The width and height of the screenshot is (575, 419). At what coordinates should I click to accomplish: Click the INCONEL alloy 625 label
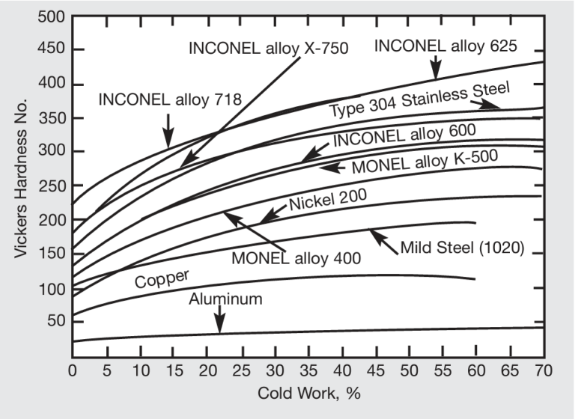click(445, 46)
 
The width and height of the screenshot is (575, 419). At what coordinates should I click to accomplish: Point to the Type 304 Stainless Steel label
click(419, 100)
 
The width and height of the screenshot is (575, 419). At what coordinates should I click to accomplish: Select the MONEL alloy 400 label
click(296, 257)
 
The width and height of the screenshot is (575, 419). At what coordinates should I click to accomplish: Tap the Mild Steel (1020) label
click(462, 247)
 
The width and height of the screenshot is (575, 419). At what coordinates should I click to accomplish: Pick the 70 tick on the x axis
click(543, 369)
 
